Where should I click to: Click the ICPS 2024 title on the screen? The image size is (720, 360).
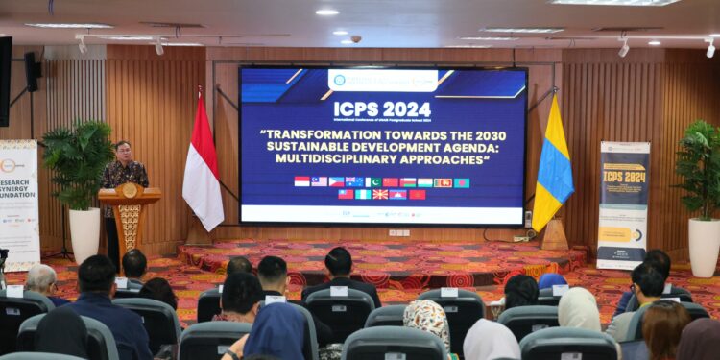pos(382,109)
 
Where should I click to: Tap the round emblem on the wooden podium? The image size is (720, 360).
pos(129,190)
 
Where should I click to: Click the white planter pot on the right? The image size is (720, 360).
pos(704,247)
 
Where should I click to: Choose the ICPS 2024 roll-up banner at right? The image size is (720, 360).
pos(623,204)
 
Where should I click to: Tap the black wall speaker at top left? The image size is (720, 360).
pos(32,72)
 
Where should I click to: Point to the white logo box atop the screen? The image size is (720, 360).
pos(382,80)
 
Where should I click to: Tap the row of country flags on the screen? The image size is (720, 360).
pos(381,187)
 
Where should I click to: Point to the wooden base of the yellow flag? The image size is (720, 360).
pos(554,236)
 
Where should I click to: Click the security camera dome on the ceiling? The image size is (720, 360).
pos(355,39)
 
